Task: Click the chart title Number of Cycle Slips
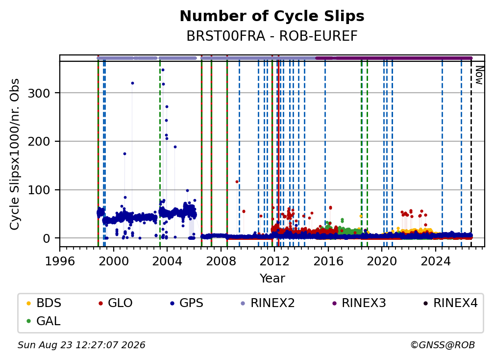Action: [x=272, y=16]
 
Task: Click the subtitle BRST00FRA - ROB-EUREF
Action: [x=272, y=36]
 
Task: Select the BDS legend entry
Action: [x=44, y=303]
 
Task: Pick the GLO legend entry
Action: [x=116, y=303]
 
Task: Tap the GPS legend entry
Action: [x=187, y=303]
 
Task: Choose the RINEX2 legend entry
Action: [x=268, y=303]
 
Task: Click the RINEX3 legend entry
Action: [x=359, y=303]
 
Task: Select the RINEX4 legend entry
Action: [x=450, y=303]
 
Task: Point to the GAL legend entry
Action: [x=44, y=321]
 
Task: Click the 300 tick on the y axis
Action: [x=39, y=93]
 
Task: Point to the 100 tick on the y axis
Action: [x=39, y=190]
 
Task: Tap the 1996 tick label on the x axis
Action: [x=60, y=261]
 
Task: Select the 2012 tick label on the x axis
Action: [x=274, y=261]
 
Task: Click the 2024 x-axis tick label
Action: [x=435, y=261]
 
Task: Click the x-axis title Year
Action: [x=272, y=279]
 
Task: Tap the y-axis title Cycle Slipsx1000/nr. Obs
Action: [x=15, y=154]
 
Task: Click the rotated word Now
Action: [x=479, y=76]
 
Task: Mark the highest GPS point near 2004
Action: [x=163, y=70]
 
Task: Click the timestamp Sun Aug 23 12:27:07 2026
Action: [x=81, y=345]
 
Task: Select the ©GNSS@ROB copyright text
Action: [x=443, y=345]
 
